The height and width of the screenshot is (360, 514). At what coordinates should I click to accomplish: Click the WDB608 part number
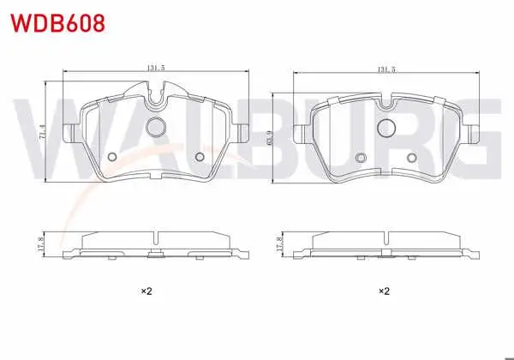(58, 23)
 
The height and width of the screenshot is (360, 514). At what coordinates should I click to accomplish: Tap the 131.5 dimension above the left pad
(155, 68)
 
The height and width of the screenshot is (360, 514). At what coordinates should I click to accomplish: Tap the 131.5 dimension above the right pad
(386, 69)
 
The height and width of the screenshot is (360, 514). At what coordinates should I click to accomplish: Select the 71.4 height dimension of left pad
(42, 132)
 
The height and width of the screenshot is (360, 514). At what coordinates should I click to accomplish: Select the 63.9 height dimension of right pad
(270, 138)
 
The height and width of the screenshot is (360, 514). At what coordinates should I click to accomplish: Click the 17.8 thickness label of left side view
(40, 244)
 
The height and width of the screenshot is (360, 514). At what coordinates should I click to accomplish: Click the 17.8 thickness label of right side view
(279, 244)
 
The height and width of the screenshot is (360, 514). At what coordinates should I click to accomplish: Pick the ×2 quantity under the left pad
(146, 291)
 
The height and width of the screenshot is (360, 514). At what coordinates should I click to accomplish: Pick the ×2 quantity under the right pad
(384, 291)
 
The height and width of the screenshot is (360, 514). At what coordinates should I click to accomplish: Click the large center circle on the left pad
(155, 127)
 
